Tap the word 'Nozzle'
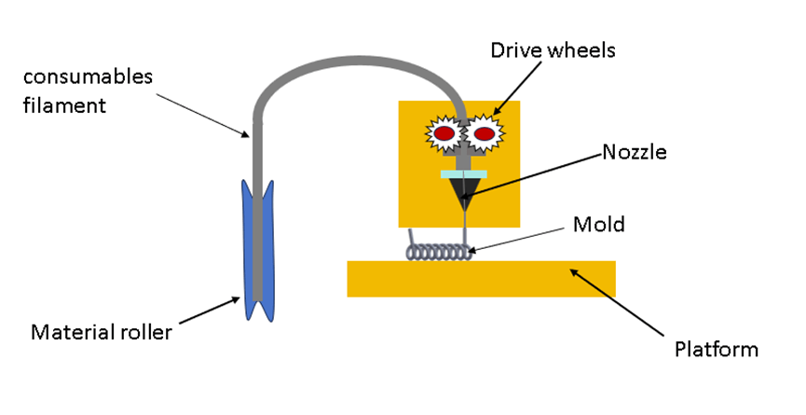click(x=634, y=151)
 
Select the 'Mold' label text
click(x=598, y=224)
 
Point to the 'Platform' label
click(x=716, y=350)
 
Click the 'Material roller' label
click(x=102, y=331)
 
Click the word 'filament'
click(x=66, y=104)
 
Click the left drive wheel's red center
click(x=444, y=134)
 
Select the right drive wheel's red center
click(x=484, y=134)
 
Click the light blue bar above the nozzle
click(x=463, y=173)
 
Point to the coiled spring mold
click(x=437, y=252)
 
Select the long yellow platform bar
click(x=481, y=279)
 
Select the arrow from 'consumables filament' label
click(x=199, y=113)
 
